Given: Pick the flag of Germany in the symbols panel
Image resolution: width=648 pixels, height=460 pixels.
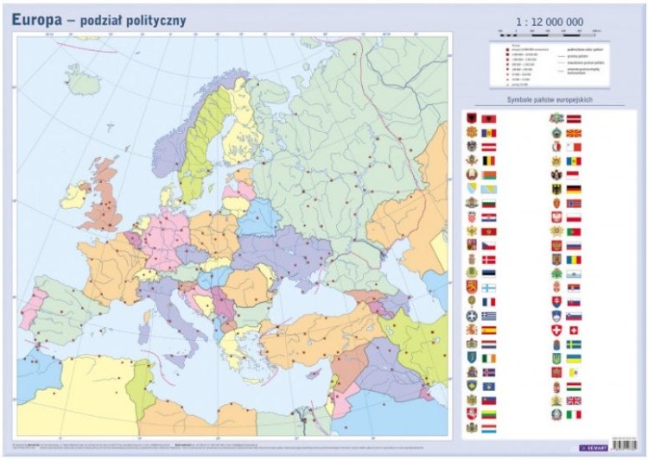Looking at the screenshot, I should click(x=574, y=189).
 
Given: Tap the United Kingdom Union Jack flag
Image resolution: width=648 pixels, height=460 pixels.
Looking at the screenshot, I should click(x=574, y=400).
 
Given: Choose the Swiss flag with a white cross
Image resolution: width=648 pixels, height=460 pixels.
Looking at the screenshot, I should click(x=574, y=330).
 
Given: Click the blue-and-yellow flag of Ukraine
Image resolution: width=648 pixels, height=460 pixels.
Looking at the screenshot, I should click(x=574, y=357).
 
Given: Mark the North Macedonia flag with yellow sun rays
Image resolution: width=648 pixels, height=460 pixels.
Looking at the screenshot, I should click(x=574, y=133).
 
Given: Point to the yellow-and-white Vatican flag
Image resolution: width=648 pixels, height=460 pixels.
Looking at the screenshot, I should click(x=574, y=372).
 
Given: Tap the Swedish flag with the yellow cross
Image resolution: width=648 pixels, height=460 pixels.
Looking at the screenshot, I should click(x=574, y=343).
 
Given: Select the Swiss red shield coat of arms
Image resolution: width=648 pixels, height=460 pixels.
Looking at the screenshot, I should click(x=556, y=330).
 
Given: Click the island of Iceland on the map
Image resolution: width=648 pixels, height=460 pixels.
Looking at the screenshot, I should click(x=83, y=80).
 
